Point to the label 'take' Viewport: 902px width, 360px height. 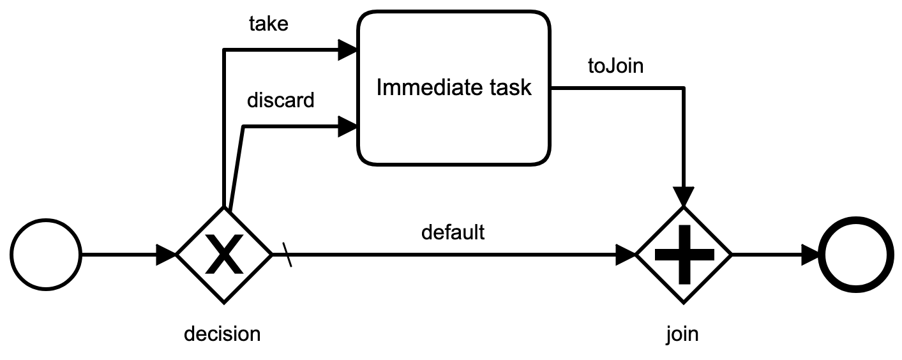(268, 24)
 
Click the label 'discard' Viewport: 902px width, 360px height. (280, 100)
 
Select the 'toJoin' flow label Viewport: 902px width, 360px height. (615, 66)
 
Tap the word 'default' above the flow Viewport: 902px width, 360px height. (453, 232)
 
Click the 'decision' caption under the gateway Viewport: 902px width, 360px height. (222, 333)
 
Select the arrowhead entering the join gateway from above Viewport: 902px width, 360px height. (684, 197)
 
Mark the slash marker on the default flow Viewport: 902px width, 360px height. (289, 256)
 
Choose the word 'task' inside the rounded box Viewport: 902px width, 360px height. (511, 87)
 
